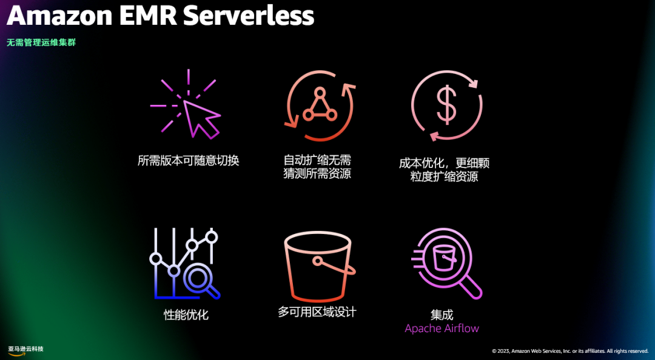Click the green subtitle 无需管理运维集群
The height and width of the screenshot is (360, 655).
click(x=41, y=43)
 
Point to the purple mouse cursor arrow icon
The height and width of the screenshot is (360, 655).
click(x=200, y=119)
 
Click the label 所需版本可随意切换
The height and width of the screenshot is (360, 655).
click(x=188, y=161)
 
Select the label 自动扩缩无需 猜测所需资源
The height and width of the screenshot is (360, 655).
click(x=317, y=167)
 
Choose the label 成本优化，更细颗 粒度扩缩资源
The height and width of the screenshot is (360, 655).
click(x=444, y=170)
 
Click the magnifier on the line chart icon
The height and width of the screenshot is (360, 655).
click(x=200, y=279)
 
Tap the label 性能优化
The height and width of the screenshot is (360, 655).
click(x=186, y=315)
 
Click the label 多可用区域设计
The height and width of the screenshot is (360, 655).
click(x=317, y=312)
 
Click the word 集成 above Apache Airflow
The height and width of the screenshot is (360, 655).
click(x=442, y=315)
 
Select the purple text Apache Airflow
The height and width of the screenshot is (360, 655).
click(x=442, y=328)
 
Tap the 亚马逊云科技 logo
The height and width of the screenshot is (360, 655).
click(x=25, y=350)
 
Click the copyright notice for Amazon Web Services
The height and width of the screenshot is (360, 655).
click(x=569, y=351)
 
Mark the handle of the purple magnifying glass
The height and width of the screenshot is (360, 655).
click(x=470, y=287)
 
